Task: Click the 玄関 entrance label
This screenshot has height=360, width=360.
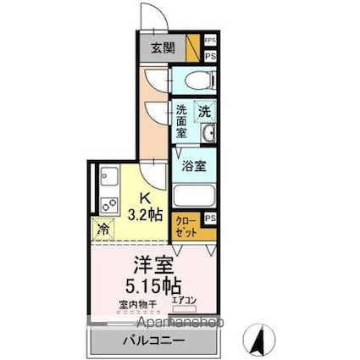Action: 164,47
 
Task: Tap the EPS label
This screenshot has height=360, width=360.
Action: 209,40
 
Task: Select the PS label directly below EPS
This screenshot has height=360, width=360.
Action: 209,55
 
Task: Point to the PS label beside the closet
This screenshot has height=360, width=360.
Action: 210,218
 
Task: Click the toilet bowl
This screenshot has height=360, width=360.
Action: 194,81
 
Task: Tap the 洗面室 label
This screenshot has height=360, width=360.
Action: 182,120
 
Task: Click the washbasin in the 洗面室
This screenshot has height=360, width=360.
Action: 208,134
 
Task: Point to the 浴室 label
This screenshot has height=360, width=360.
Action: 195,166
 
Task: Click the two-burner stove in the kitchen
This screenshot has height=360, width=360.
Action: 108,204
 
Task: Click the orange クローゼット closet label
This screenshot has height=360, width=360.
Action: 186,226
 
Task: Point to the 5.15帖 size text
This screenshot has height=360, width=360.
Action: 153,284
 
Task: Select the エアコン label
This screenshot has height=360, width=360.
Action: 185,300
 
